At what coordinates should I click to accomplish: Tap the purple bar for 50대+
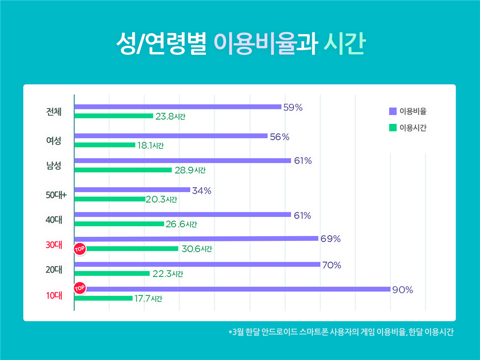pyautogui.click(x=132, y=190)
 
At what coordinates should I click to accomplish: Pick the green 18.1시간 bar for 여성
pyautogui.click(x=105, y=145)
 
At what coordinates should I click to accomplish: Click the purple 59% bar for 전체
pyautogui.click(x=178, y=107)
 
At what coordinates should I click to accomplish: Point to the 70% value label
pyautogui.click(x=331, y=265)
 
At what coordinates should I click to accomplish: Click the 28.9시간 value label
pyautogui.click(x=190, y=170)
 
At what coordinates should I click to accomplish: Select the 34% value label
pyautogui.click(x=202, y=191)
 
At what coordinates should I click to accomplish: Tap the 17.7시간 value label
pyautogui.click(x=149, y=299)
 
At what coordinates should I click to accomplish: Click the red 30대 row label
pyautogui.click(x=54, y=244)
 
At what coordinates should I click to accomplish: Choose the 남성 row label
pyautogui.click(x=53, y=165)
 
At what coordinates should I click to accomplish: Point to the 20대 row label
pyautogui.click(x=54, y=269)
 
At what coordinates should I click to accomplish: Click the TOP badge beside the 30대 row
pyautogui.click(x=80, y=249)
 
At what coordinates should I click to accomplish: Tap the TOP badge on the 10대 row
pyautogui.click(x=80, y=287)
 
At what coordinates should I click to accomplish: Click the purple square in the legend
pyautogui.click(x=393, y=112)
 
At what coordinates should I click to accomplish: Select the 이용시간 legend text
pyautogui.click(x=412, y=127)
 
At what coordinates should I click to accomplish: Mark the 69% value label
pyautogui.click(x=330, y=239)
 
